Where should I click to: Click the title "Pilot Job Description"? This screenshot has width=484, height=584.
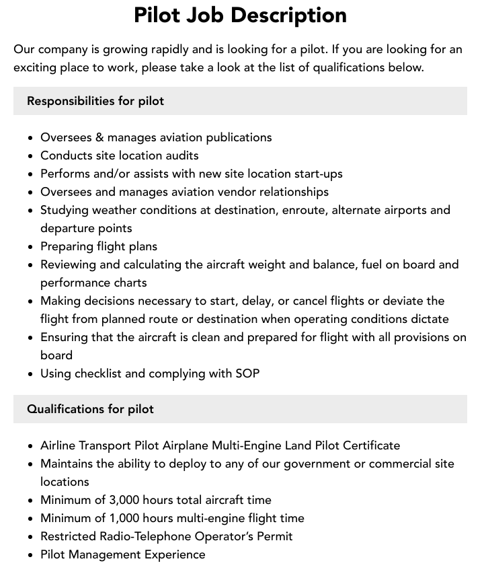pos(240,15)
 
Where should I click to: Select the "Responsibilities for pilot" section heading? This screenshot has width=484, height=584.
pos(95,101)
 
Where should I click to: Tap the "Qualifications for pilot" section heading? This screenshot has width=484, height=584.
pos(90,409)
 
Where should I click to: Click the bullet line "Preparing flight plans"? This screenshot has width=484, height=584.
pos(99,246)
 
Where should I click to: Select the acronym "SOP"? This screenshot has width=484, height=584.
pos(247,373)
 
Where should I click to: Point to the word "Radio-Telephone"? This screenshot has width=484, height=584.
pos(144,536)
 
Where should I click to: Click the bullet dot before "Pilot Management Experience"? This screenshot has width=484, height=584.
pos(30,555)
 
